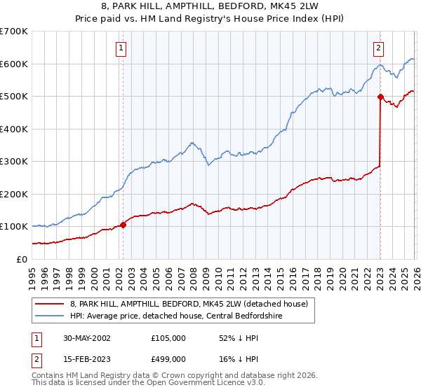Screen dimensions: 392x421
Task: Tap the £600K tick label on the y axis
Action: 14,64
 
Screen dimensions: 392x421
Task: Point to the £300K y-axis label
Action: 14,161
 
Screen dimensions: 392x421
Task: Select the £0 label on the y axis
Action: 21,259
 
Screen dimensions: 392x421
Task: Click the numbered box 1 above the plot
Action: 121,48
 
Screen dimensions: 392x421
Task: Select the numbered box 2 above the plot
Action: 378,48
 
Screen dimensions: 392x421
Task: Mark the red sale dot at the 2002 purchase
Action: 123,225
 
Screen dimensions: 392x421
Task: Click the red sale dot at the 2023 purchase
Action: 380,97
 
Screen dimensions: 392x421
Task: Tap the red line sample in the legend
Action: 49,304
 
